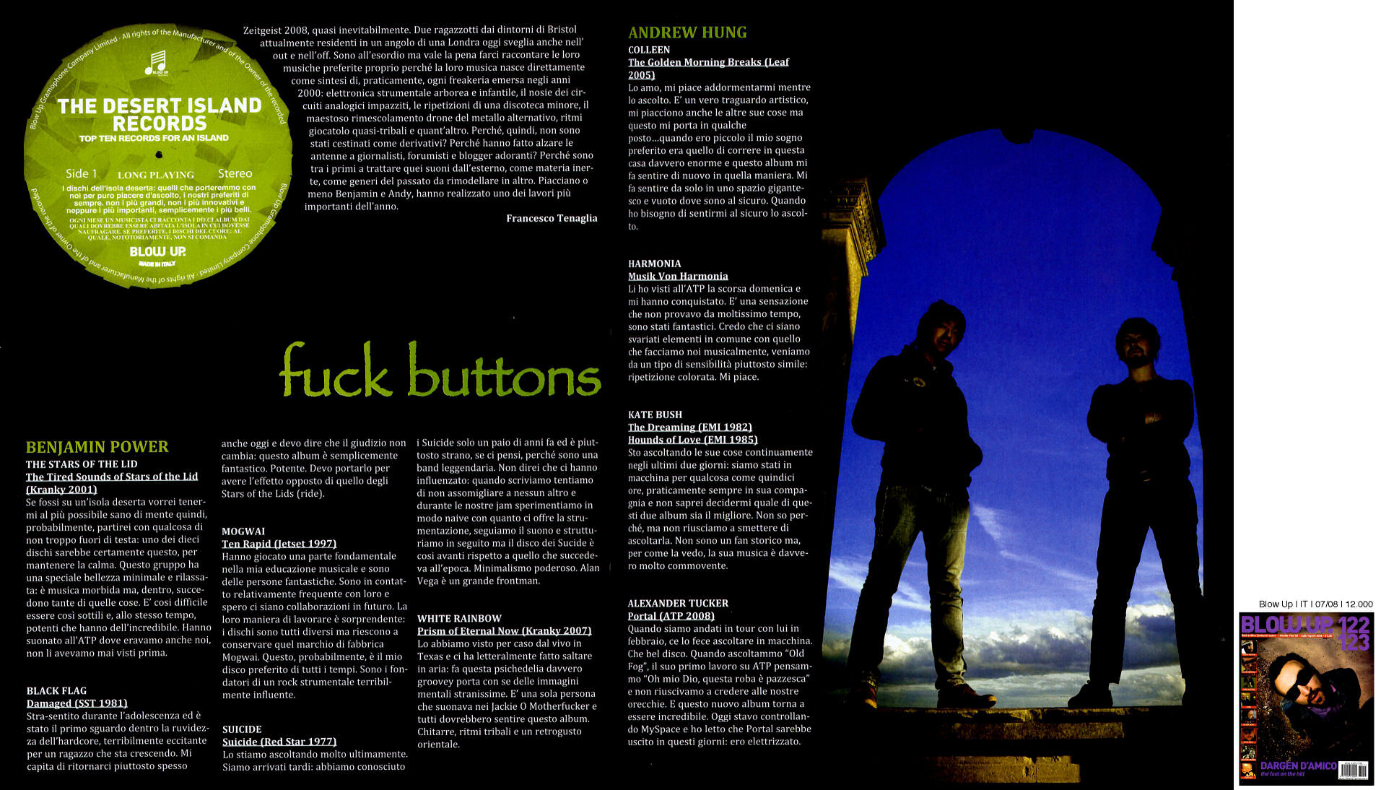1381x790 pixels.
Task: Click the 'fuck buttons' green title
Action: [x=440, y=371]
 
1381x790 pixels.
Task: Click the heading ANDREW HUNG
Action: [x=687, y=32]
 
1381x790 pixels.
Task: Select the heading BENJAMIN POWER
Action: [x=97, y=447]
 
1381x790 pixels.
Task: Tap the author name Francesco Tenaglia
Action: [x=552, y=218]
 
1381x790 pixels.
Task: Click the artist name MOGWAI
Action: [x=243, y=531]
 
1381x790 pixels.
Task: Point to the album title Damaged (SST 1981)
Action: [x=77, y=703]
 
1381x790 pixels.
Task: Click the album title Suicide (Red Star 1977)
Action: [x=279, y=742]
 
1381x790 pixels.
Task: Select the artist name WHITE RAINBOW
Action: [x=458, y=619]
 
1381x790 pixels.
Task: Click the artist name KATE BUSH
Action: [x=654, y=414]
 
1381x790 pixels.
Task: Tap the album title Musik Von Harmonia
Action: [x=677, y=276]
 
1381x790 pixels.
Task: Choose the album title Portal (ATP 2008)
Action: [x=671, y=616]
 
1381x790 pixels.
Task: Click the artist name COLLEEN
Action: [x=648, y=50]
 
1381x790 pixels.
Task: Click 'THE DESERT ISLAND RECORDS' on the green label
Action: [x=160, y=114]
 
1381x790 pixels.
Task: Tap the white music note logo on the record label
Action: [x=156, y=63]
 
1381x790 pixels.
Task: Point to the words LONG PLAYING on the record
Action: [x=156, y=175]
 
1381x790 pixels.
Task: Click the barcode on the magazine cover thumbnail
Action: [x=1353, y=770]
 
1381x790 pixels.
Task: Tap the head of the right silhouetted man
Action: [x=1136, y=343]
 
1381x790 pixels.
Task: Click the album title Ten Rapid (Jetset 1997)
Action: [x=279, y=544]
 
